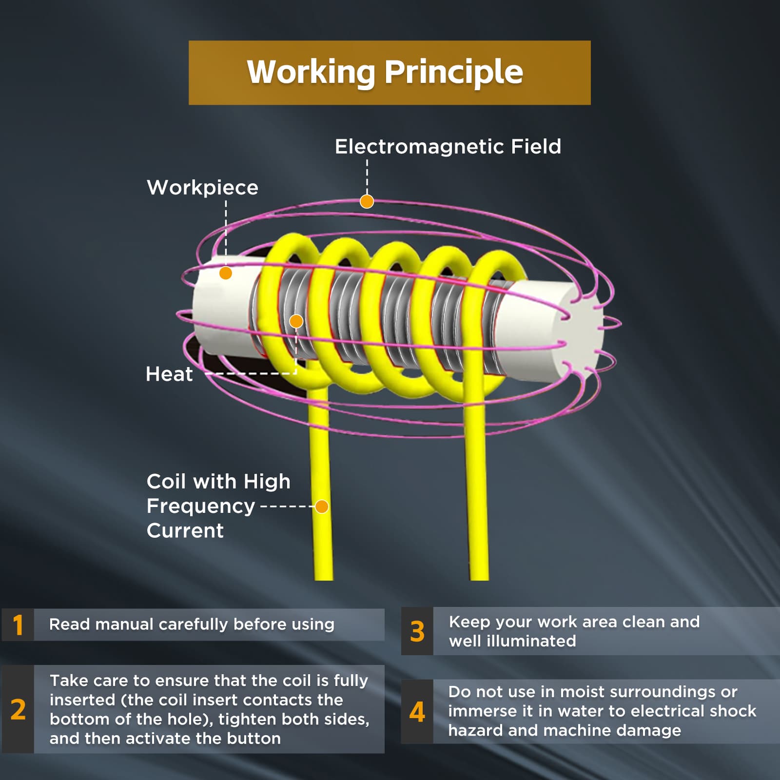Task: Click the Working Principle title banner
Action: pyautogui.click(x=390, y=73)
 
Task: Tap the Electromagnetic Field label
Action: pyautogui.click(x=448, y=146)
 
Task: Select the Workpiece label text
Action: pyautogui.click(x=203, y=188)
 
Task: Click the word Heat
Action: pyautogui.click(x=169, y=374)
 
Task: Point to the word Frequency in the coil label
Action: pyautogui.click(x=201, y=507)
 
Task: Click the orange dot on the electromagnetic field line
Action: pyautogui.click(x=367, y=201)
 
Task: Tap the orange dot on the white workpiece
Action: pyautogui.click(x=225, y=273)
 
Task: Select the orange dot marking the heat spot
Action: pyautogui.click(x=296, y=321)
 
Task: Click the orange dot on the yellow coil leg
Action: pyautogui.click(x=321, y=507)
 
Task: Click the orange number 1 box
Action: pyautogui.click(x=18, y=624)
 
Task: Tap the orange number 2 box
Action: pyautogui.click(x=18, y=709)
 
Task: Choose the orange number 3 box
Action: pyautogui.click(x=417, y=631)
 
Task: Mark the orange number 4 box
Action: pyautogui.click(x=417, y=711)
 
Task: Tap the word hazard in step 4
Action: pyautogui.click(x=475, y=730)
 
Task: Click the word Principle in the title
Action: pyautogui.click(x=454, y=73)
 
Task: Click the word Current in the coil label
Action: pyautogui.click(x=185, y=530)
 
